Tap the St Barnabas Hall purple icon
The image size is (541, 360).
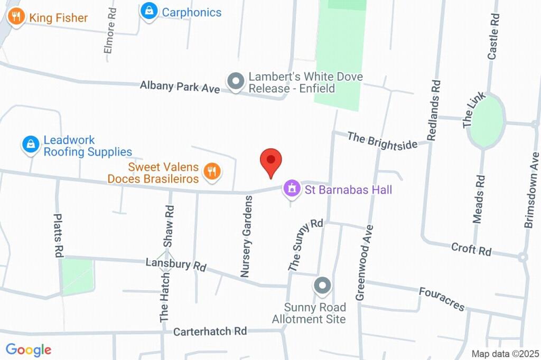coord(291,188)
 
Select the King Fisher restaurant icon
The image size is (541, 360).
coord(16,17)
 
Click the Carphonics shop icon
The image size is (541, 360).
coord(150,12)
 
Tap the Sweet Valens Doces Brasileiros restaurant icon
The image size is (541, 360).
coord(212,172)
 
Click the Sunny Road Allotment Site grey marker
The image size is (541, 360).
coord(322,287)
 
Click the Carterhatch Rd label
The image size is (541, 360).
coord(210,331)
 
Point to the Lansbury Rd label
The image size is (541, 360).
coord(176,264)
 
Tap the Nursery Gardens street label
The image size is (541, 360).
coord(247,236)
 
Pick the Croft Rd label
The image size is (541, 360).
coord(471,249)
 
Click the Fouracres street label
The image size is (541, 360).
coord(442,299)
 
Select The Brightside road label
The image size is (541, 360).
coord(382,141)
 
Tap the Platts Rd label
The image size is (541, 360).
coord(58,235)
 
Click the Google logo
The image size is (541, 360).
coord(29,349)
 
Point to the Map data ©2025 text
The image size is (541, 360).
coord(505,354)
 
